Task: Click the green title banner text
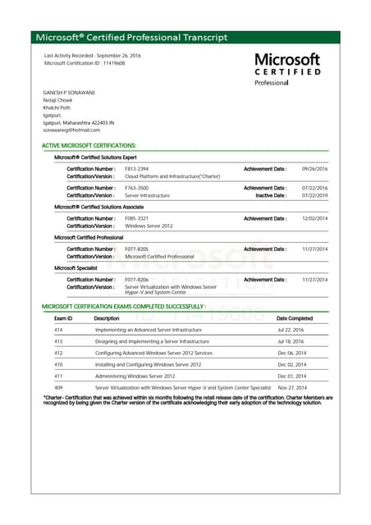(133, 38)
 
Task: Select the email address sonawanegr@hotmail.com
(71, 130)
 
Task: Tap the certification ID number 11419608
(108, 63)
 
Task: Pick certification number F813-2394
(137, 168)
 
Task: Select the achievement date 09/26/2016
(314, 168)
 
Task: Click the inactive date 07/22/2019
(314, 195)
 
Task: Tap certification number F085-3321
(137, 218)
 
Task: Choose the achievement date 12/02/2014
(314, 218)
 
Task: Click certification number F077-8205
(137, 249)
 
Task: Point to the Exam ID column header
(63, 318)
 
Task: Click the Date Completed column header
(294, 318)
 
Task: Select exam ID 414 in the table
(58, 329)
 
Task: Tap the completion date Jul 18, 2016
(291, 340)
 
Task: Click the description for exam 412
(153, 352)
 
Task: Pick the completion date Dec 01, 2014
(291, 375)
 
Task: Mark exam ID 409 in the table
(58, 386)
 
